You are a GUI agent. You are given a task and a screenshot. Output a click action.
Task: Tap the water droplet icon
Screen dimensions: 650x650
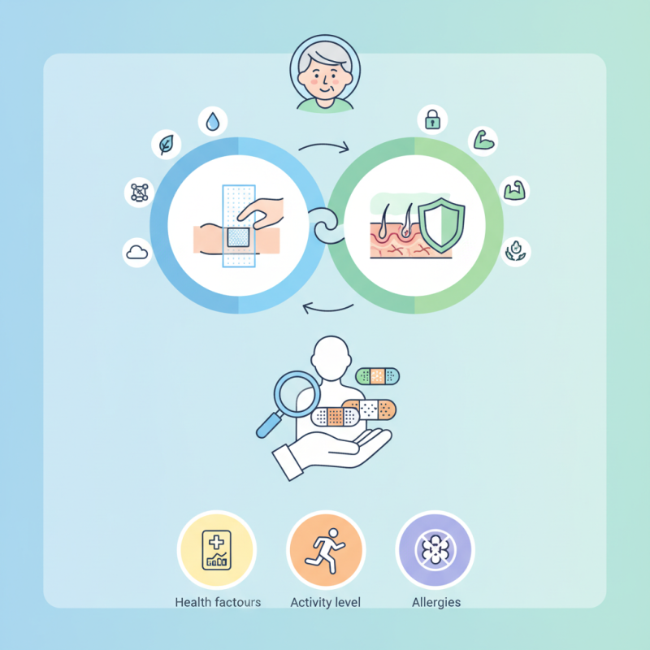[213, 121]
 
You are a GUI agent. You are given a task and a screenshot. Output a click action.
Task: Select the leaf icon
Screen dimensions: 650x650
[167, 145]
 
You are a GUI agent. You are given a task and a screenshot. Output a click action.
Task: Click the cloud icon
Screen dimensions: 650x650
[137, 252]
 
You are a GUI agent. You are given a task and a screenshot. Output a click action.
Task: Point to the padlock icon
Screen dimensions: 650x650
[432, 119]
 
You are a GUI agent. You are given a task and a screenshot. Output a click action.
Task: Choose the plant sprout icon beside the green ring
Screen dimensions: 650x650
[515, 251]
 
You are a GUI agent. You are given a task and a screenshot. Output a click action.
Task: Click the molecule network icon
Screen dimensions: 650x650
[140, 193]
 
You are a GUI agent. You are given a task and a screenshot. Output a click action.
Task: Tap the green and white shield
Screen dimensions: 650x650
[441, 225]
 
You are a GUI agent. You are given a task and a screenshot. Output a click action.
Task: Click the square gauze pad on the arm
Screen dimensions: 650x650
[238, 237]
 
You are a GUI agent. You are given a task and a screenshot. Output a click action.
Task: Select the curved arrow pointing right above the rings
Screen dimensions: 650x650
[324, 145]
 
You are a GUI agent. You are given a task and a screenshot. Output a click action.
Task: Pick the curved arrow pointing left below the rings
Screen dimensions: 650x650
[327, 309]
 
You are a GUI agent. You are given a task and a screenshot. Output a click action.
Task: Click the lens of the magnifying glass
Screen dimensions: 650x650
[297, 394]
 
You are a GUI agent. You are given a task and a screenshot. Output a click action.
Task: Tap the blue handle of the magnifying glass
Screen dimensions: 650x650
[269, 425]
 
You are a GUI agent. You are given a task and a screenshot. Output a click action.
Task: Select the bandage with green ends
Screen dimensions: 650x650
[378, 376]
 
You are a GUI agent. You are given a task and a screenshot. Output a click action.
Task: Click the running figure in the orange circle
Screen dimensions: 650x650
[326, 551]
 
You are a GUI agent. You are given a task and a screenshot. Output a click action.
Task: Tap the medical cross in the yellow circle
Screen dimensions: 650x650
[216, 542]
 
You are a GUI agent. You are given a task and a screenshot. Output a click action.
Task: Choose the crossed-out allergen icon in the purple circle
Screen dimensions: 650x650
[435, 550]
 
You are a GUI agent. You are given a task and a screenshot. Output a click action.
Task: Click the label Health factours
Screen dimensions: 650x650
[218, 602]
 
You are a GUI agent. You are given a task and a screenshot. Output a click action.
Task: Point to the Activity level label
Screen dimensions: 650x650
[326, 602]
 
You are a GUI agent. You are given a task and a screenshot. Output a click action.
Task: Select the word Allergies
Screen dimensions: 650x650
[436, 602]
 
